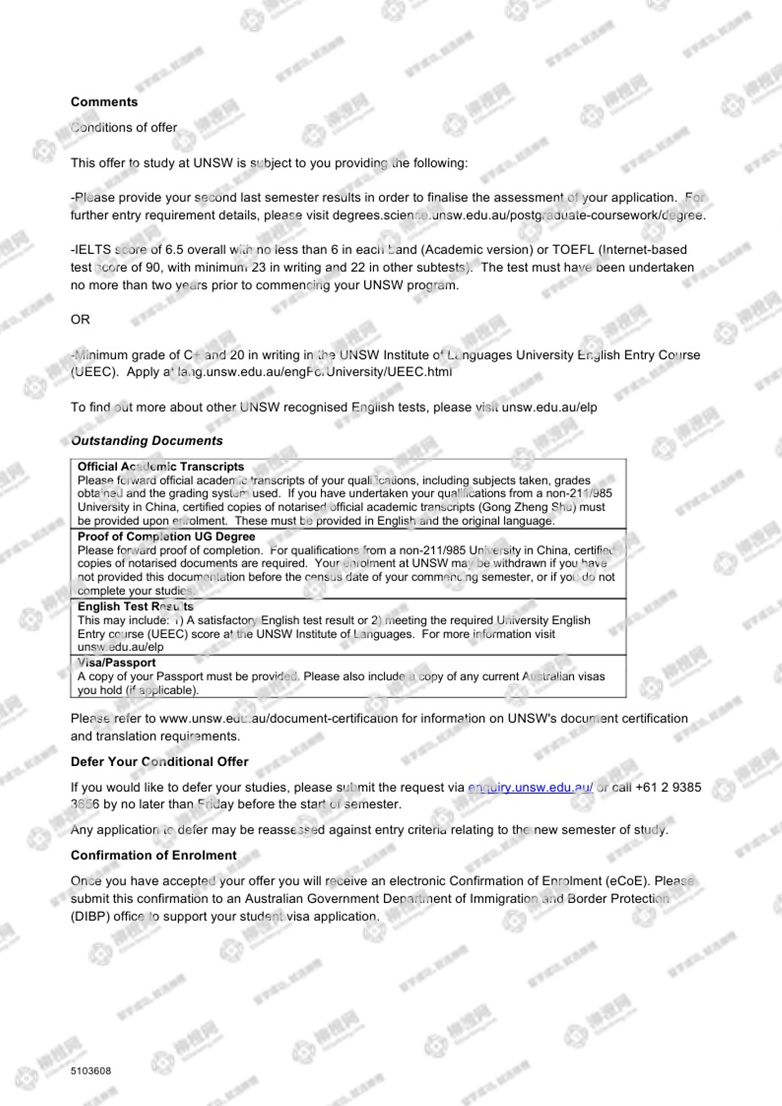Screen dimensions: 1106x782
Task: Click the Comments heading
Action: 104,102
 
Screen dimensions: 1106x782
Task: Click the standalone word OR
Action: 80,320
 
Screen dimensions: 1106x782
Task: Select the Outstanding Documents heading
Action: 147,441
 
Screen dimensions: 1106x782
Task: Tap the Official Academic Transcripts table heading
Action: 161,466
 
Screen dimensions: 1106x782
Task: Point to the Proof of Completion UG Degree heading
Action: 166,536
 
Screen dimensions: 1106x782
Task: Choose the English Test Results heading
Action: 135,606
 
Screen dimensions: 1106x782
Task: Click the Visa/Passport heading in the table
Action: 117,662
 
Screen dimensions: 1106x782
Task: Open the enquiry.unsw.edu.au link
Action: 530,787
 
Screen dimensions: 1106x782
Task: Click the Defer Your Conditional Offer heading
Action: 159,761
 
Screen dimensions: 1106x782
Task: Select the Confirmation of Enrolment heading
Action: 154,855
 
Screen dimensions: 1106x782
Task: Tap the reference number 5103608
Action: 90,1071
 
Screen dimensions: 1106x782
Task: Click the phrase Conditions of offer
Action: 124,127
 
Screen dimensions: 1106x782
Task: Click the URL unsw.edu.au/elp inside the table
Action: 121,647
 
